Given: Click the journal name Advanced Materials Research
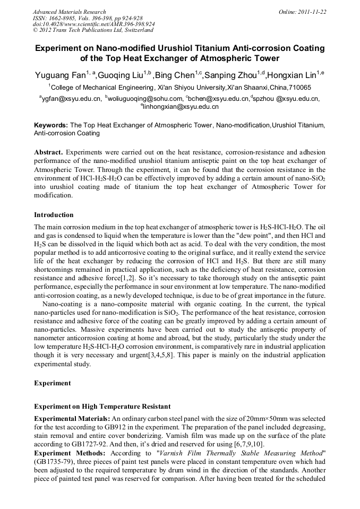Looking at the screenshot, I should (x=69, y=12).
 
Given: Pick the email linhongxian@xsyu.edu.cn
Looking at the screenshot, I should (x=181, y=107).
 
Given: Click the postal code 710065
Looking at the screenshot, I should (x=299, y=88).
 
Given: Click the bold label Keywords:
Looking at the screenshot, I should (x=51, y=125).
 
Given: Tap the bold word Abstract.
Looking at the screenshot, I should (x=48, y=152).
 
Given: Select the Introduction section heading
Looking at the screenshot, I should (x=54, y=215).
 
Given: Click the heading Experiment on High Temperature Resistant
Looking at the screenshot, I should (x=102, y=407).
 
